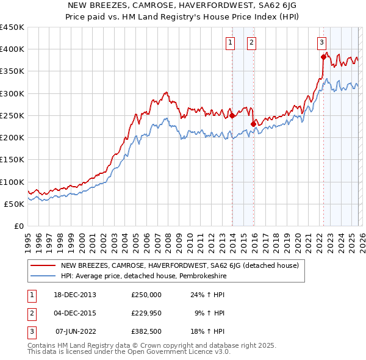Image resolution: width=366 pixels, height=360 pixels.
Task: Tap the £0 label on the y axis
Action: (19, 226)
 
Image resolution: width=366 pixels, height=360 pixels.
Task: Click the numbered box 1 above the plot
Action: (230, 42)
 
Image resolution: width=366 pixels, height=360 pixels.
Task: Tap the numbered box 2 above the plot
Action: (251, 42)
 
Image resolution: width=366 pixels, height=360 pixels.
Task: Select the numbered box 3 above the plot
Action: (321, 42)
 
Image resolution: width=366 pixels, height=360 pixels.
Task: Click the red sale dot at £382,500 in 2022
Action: (323, 57)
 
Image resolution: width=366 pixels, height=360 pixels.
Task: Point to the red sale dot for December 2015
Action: (253, 124)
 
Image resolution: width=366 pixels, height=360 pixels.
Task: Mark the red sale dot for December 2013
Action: (232, 115)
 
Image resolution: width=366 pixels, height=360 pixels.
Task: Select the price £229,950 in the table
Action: (146, 313)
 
